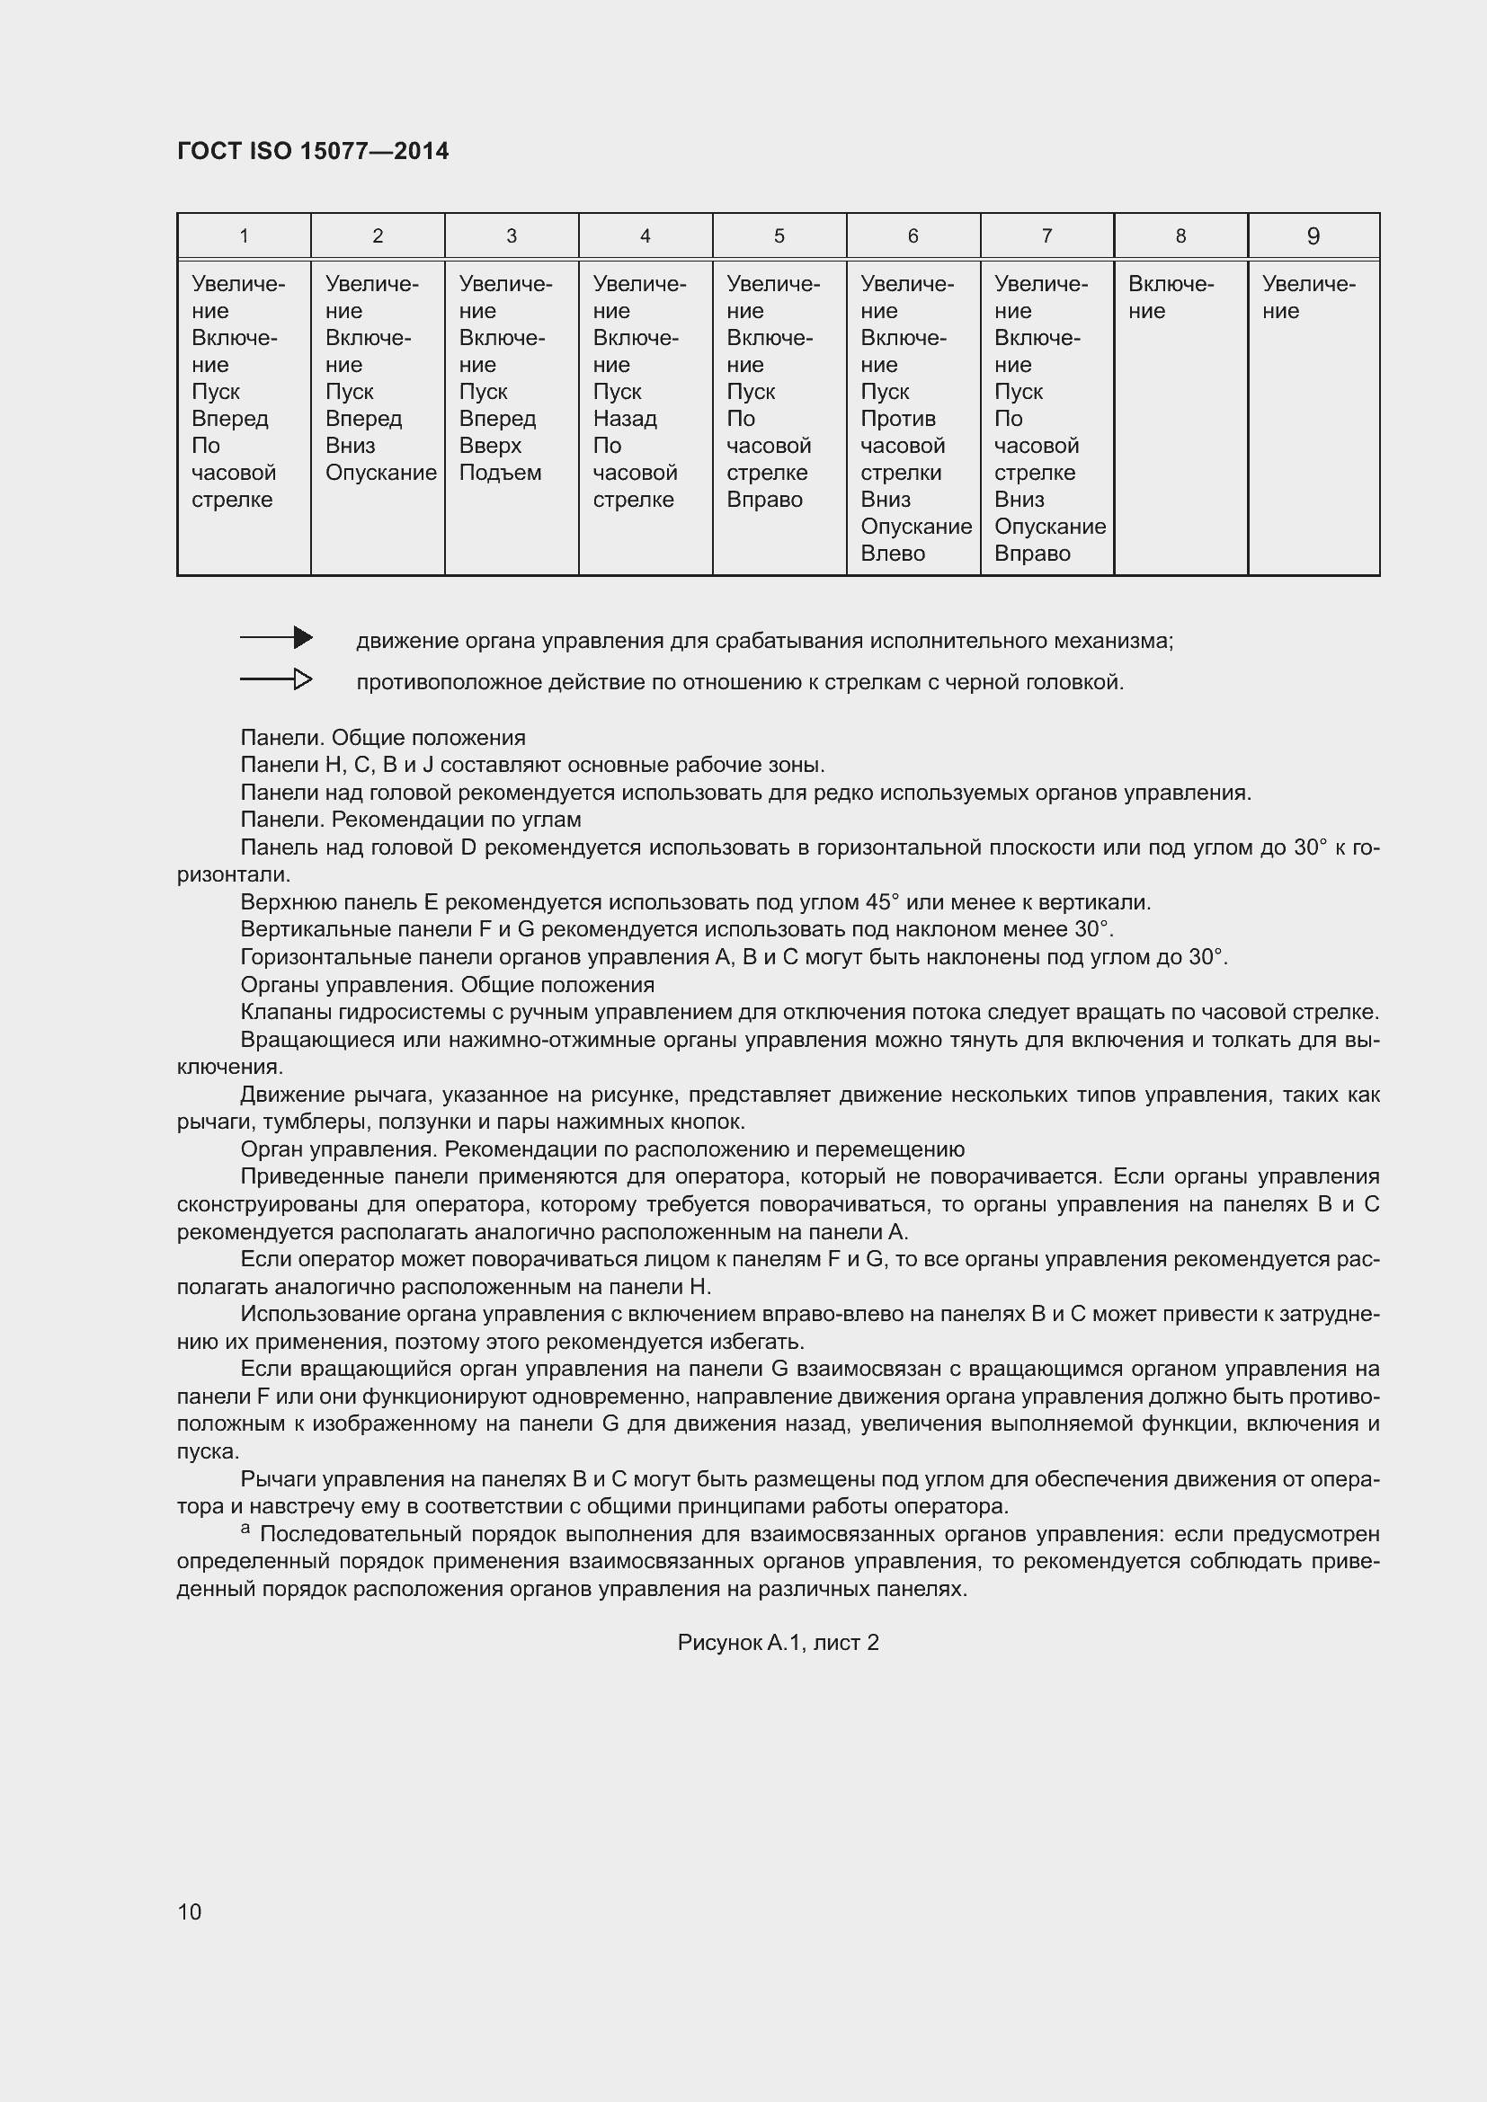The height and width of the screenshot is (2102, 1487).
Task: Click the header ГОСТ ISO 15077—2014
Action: [312, 151]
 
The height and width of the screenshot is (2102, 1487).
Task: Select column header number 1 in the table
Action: [244, 236]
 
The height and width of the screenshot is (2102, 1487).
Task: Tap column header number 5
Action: [779, 236]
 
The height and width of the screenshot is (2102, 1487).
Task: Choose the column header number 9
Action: [1313, 236]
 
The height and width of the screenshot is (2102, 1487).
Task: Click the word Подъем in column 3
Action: [500, 474]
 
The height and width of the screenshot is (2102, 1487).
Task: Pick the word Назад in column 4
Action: [625, 420]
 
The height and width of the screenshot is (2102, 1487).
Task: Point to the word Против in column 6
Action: [897, 420]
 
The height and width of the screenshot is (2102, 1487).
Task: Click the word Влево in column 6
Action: [892, 554]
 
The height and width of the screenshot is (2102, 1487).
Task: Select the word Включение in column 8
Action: [1171, 297]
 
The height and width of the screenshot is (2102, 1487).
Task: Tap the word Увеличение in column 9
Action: [1307, 297]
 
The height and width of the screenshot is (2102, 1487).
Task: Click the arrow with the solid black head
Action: [277, 638]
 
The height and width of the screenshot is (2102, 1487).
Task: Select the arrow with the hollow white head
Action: [277, 679]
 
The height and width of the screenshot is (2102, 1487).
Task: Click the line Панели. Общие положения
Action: [383, 738]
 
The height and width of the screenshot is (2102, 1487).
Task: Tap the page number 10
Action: [190, 1911]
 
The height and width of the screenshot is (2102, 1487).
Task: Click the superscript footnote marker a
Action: [245, 1529]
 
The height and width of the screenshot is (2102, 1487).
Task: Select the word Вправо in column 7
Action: [1032, 554]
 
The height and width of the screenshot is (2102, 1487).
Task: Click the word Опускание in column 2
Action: [381, 474]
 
